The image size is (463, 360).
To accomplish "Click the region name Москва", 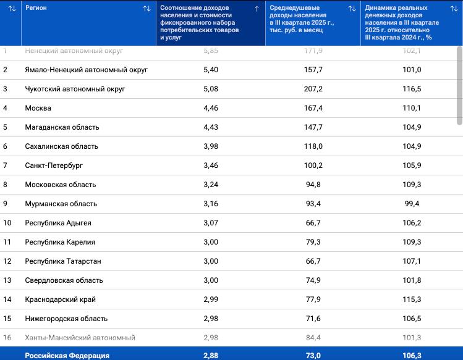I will point(38,108).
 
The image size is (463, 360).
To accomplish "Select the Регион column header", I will point(36,8).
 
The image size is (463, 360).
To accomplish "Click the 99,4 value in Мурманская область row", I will point(412,204).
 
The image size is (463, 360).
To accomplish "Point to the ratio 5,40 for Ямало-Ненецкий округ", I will point(211,70).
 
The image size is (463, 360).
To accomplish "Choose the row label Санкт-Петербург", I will point(54,165).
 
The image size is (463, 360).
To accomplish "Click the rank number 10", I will point(7,223).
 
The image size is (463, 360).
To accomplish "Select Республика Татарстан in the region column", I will point(63,261).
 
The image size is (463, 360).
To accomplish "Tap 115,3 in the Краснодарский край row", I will point(412,299).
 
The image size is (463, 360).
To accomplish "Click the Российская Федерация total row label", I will point(67,356).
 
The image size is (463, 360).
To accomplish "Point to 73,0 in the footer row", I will point(313,356).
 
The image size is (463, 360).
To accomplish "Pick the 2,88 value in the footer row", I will point(211,356).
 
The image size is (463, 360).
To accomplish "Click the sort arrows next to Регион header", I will point(147,9).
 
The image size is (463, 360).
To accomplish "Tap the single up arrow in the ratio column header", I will point(257,9).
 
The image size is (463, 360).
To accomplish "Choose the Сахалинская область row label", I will point(61,146).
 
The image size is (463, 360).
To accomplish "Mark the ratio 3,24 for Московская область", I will point(211,185).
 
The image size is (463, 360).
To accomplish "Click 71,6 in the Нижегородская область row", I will point(313,319).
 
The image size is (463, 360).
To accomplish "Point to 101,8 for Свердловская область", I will point(412,280).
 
